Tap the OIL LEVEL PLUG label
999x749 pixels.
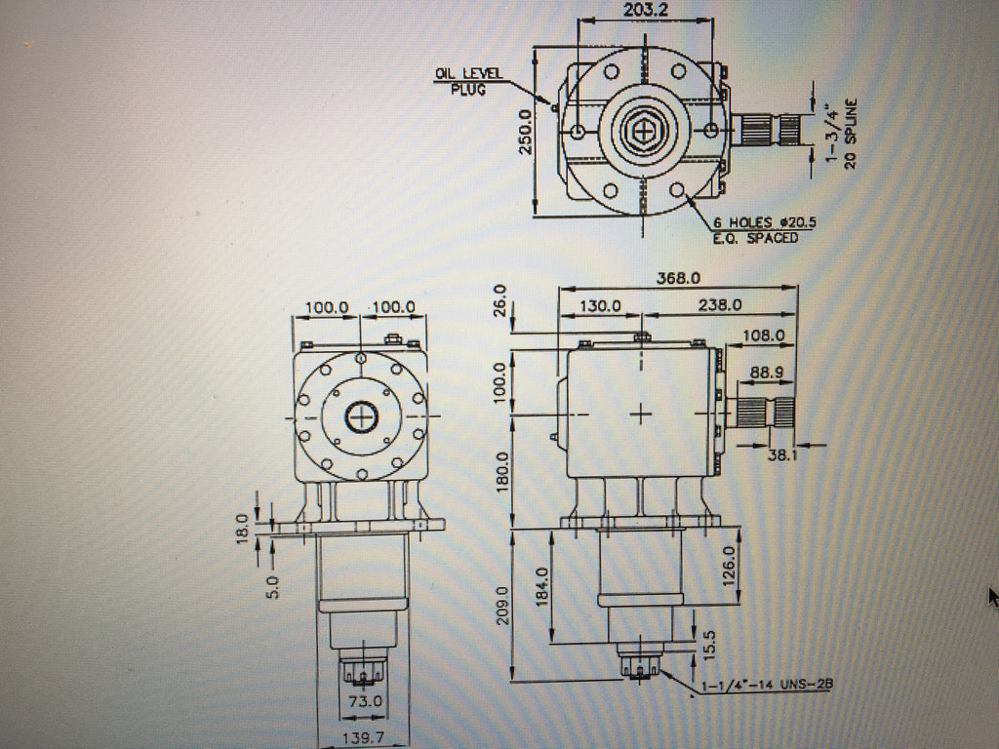coord(468,80)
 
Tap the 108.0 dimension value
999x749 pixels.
coord(764,335)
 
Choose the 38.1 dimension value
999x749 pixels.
coord(783,453)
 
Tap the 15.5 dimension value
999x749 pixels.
coord(709,644)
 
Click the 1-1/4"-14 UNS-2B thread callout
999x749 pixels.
coord(767,686)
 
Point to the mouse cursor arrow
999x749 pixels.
coord(993,596)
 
